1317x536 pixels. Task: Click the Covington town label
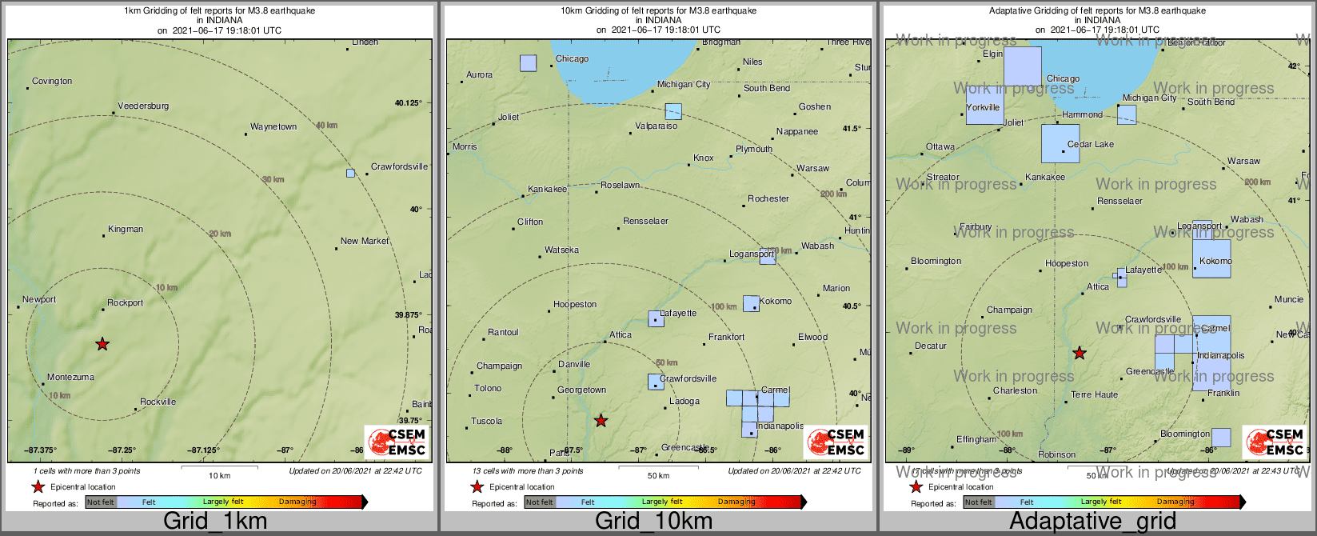52,82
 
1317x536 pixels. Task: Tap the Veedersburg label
143,106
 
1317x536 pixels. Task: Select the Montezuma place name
70,378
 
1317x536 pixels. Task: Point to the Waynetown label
273,127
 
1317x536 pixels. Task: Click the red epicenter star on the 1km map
102,344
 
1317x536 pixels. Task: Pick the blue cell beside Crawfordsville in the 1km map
350,173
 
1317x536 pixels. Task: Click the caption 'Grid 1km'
215,522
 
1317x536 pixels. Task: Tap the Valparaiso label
656,126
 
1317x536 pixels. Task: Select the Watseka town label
561,250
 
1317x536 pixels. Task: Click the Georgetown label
581,390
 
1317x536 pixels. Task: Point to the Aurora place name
480,75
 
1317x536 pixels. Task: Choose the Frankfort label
726,338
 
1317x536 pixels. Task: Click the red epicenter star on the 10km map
601,420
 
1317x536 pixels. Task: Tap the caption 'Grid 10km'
653,522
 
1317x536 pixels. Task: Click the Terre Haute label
1095,395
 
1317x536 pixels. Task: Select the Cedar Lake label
1091,145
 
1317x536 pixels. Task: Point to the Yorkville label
983,108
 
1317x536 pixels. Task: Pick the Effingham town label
976,440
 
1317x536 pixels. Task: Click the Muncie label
1289,300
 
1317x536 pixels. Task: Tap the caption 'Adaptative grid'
1092,522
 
